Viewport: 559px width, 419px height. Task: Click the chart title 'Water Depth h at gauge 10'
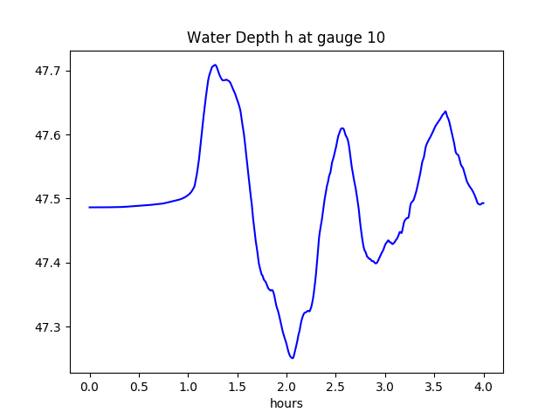286,38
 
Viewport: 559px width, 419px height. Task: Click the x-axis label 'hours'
286,404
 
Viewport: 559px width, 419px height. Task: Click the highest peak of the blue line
214,65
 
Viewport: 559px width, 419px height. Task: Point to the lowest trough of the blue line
293,358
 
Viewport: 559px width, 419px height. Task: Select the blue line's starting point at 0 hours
90,207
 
